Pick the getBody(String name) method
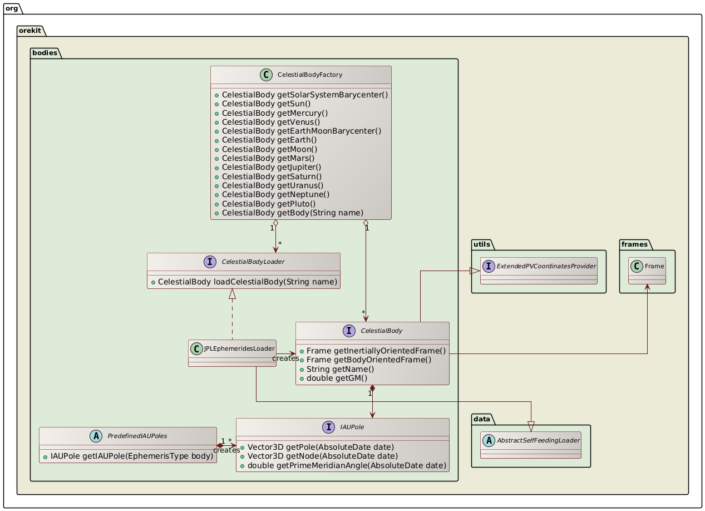click(292, 213)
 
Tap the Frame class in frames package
click(647, 268)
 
